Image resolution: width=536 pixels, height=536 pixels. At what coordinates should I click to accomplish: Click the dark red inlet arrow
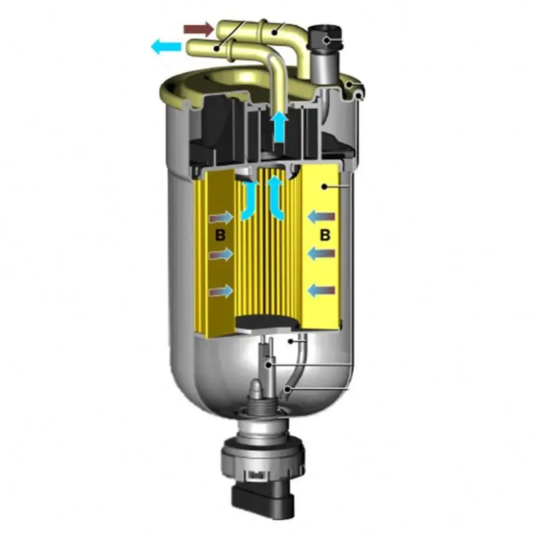click(198, 29)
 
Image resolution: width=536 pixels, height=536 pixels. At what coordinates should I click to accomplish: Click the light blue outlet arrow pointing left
click(166, 46)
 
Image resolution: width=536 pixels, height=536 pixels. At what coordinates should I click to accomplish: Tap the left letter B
click(220, 235)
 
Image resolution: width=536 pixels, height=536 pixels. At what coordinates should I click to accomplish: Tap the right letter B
click(325, 235)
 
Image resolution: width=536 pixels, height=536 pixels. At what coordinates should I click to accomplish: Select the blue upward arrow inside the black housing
click(280, 127)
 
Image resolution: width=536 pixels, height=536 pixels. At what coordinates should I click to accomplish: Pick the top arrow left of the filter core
click(222, 217)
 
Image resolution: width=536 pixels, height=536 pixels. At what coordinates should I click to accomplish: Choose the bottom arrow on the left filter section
click(222, 291)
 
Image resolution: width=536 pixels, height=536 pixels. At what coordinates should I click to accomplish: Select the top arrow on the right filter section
click(322, 216)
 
